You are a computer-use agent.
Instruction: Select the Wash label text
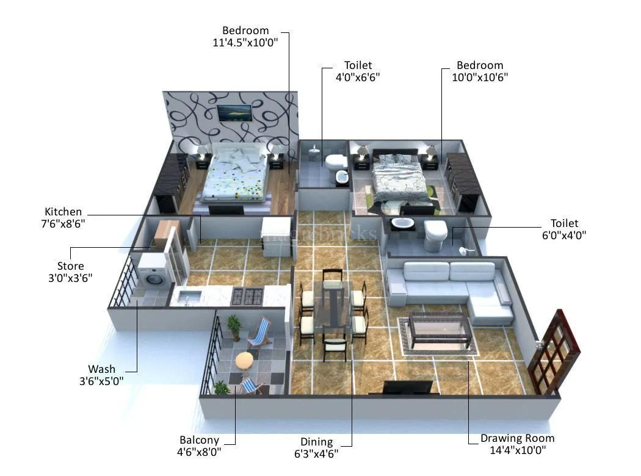click(x=101, y=369)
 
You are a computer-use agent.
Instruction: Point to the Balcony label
click(x=199, y=440)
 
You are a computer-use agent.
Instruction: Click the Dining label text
click(x=317, y=442)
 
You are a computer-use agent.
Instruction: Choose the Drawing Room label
click(x=517, y=438)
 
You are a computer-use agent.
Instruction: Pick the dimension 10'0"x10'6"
click(x=480, y=77)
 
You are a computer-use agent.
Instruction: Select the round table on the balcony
click(x=245, y=361)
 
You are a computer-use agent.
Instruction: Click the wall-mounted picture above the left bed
click(x=234, y=113)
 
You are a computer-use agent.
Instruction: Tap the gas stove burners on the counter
click(x=247, y=297)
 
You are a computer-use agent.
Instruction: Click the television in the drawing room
click(x=408, y=388)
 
